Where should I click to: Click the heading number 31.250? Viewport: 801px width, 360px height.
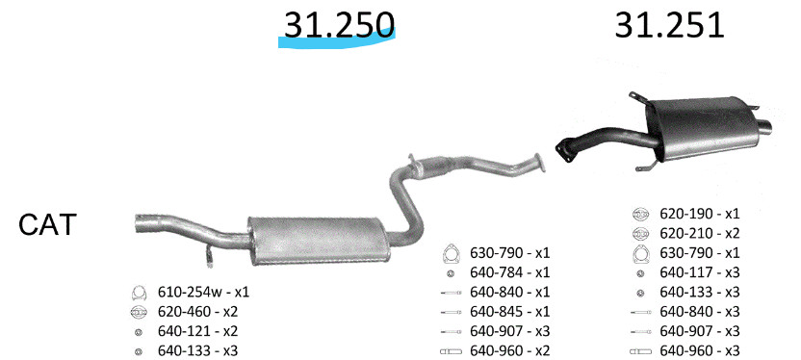click(x=339, y=24)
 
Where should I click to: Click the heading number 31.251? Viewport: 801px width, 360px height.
click(x=669, y=24)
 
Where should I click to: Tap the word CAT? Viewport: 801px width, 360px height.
click(x=47, y=224)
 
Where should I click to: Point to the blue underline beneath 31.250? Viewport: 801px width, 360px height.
click(x=337, y=40)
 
